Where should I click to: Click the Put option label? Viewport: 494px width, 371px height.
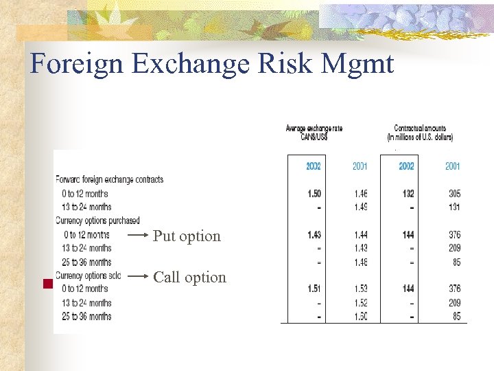(x=187, y=236)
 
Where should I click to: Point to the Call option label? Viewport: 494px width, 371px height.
(x=189, y=278)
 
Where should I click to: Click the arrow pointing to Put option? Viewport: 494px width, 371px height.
(x=138, y=236)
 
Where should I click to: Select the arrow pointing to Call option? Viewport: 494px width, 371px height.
(x=138, y=277)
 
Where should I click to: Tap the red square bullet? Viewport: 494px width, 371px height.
(x=48, y=284)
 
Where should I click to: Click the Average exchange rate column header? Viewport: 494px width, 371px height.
(x=314, y=132)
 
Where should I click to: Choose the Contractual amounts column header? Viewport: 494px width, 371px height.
(x=420, y=132)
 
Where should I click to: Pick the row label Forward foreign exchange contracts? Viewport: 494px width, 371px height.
(x=110, y=180)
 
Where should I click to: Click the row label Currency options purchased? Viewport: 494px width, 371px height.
(x=97, y=221)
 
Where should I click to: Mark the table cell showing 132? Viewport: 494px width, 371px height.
(x=408, y=194)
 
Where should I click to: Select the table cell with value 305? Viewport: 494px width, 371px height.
(x=453, y=194)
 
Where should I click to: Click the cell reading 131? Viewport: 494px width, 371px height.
(x=454, y=207)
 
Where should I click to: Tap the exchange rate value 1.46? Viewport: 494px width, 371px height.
(x=360, y=194)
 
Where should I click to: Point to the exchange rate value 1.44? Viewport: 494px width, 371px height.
(x=360, y=235)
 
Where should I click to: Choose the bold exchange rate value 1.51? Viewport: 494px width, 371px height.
(x=314, y=289)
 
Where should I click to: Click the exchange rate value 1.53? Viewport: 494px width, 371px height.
(x=360, y=289)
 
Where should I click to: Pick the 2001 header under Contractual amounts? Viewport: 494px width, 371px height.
(x=453, y=166)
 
